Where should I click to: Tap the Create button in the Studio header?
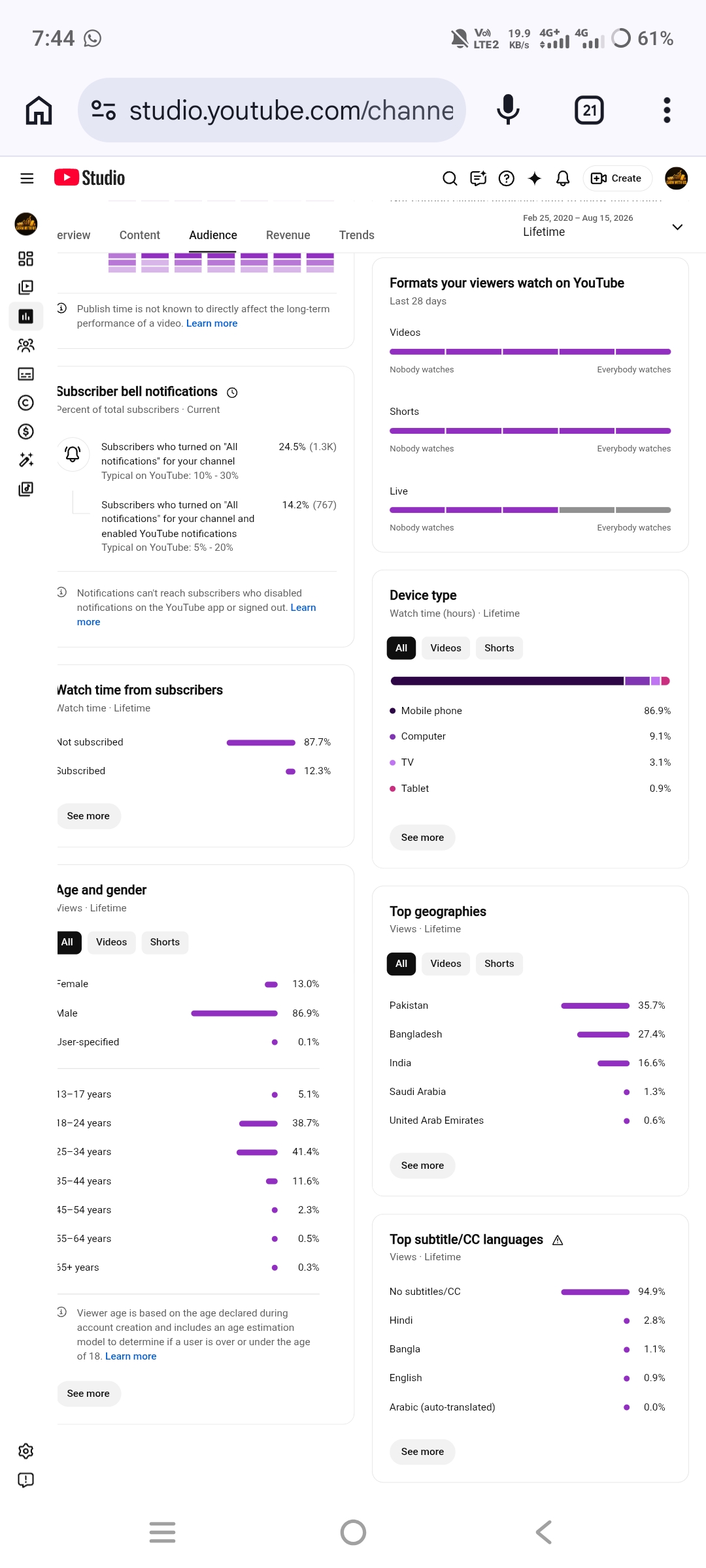pos(617,178)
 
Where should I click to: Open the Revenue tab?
pos(288,235)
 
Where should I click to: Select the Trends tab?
pos(356,235)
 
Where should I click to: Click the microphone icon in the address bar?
pos(508,110)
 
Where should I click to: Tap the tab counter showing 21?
pos(589,110)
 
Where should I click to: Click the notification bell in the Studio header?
pos(563,178)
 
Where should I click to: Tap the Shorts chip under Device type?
pos(499,648)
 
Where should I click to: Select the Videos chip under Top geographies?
pos(446,964)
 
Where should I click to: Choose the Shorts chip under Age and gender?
pos(165,942)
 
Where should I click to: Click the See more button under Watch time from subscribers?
pos(88,816)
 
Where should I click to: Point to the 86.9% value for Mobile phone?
pos(657,711)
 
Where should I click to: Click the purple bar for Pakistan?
pos(595,1005)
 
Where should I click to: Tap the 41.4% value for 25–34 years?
pos(305,1152)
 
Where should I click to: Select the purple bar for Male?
pos(234,1013)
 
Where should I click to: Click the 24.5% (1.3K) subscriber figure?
pos(307,447)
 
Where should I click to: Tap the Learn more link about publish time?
pos(212,323)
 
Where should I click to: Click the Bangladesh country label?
pos(416,1034)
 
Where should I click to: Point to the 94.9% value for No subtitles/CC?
pos(651,1292)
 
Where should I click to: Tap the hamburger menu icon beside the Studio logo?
pos(27,178)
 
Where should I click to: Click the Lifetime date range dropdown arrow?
pos(677,227)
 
